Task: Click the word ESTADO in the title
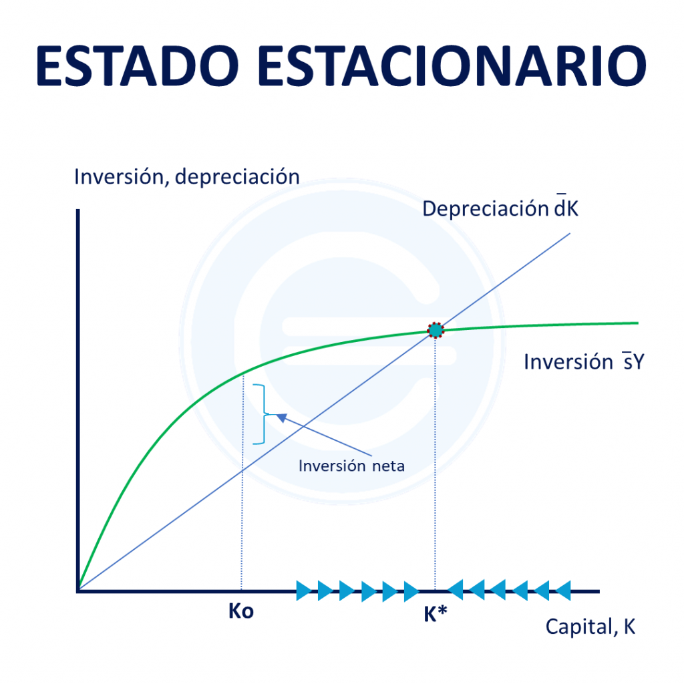[137, 66]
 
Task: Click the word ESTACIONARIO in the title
[452, 66]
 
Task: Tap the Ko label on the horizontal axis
[240, 611]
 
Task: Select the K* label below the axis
[436, 614]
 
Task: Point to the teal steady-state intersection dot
[436, 330]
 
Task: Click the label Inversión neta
[351, 466]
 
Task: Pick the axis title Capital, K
[590, 627]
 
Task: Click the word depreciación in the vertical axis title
[237, 177]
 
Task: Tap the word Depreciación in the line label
[485, 209]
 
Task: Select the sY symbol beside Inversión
[633, 361]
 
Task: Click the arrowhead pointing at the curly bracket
[282, 417]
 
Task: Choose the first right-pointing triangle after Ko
[305, 590]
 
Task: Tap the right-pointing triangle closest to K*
[411, 591]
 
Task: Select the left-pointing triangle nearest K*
[455, 590]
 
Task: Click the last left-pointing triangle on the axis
[563, 590]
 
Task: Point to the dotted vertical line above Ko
[242, 483]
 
